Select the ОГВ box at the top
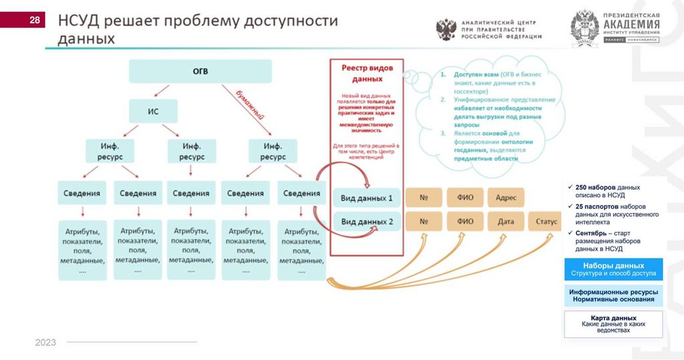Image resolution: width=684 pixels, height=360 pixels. click(200, 71)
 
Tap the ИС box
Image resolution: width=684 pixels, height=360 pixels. click(153, 111)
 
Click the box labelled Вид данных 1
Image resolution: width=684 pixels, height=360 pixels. click(367, 198)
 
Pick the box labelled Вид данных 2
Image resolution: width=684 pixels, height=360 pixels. click(367, 222)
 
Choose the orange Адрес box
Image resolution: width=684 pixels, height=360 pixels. click(506, 198)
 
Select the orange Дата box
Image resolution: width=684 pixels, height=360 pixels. click(506, 221)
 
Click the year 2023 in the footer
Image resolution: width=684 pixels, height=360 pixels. click(45, 343)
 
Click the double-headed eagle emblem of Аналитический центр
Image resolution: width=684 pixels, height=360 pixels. click(446, 30)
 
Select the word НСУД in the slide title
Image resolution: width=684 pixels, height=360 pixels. click(81, 21)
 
